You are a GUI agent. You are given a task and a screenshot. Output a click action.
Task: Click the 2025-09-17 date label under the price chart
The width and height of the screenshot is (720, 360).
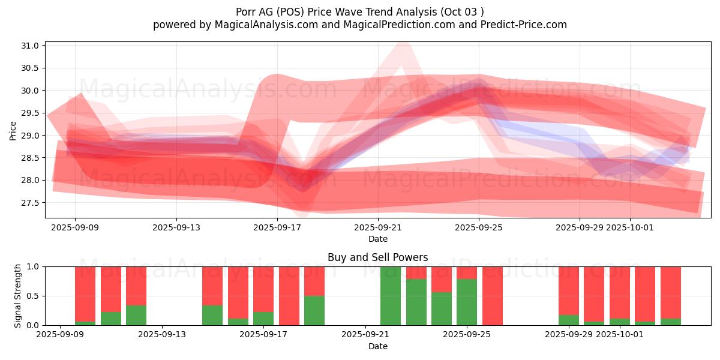[277, 228]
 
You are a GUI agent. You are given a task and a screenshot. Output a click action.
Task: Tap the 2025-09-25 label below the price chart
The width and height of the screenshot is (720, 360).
[479, 228]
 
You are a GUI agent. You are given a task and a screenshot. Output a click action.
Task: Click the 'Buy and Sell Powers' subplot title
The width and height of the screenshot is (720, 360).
[377, 257]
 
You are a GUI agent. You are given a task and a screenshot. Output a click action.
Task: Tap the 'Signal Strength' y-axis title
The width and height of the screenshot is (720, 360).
[18, 296]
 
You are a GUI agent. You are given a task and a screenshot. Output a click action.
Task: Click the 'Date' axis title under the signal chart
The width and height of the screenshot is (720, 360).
[377, 346]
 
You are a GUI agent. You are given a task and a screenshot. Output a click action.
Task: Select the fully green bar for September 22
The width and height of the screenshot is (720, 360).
[391, 296]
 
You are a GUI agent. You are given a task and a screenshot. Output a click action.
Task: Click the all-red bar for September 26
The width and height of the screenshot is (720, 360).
[493, 296]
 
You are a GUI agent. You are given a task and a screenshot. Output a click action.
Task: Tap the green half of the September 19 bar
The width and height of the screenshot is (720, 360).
[314, 310]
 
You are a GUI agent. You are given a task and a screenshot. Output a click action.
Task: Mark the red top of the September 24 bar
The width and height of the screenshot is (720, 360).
[442, 279]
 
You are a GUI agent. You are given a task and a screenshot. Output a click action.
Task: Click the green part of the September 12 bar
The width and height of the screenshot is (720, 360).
[136, 315]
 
